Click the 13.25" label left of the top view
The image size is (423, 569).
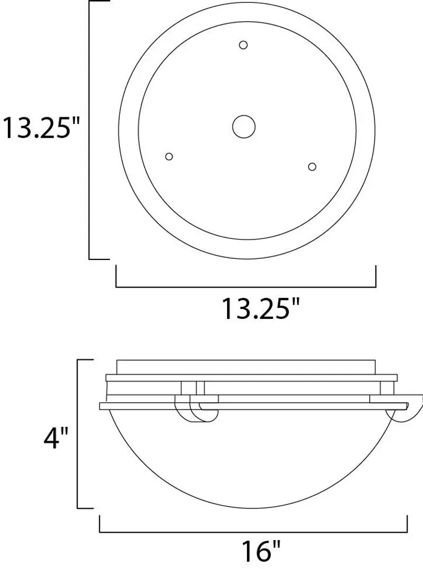[41, 127]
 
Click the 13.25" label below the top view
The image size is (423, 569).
[260, 309]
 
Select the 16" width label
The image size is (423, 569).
[260, 550]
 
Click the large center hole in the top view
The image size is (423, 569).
[244, 127]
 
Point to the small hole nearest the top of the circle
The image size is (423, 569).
[243, 45]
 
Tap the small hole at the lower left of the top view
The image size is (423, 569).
[169, 156]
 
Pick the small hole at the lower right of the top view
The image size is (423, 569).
[312, 167]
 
